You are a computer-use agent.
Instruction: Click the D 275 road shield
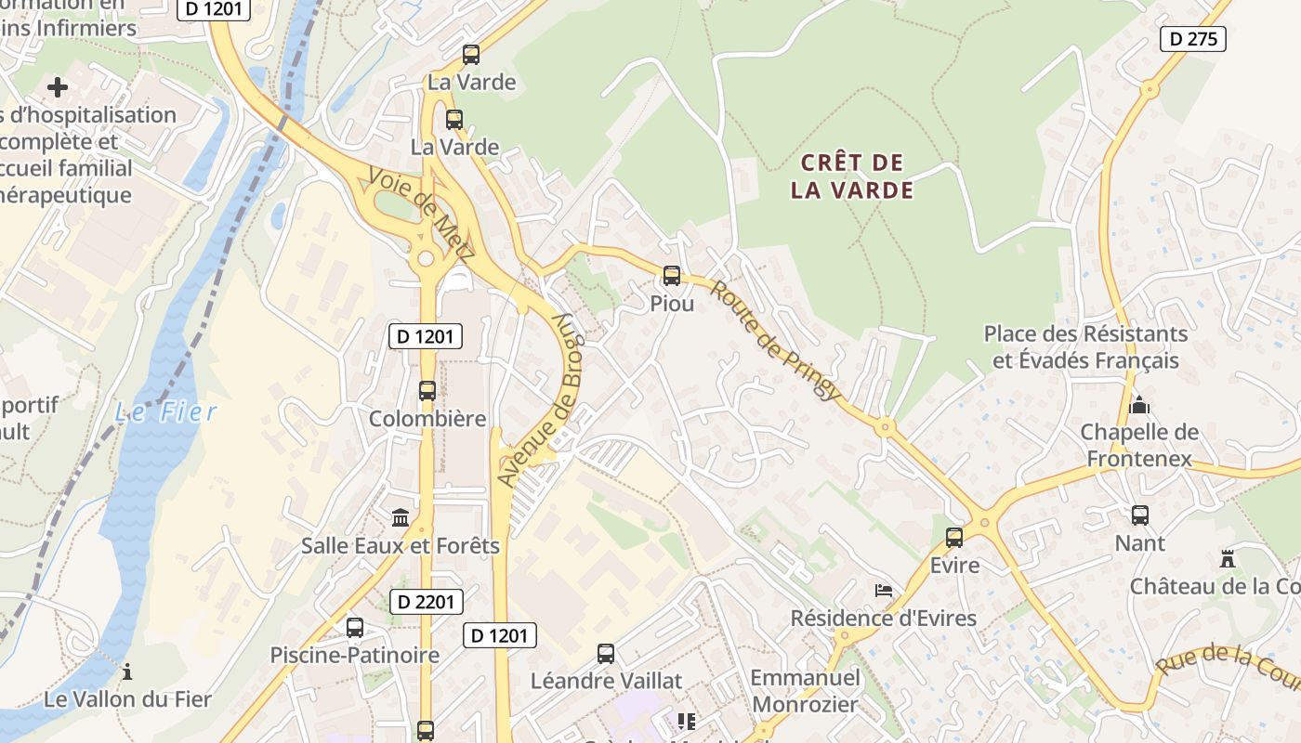pos(1193,39)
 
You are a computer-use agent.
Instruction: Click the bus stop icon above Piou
pos(672,276)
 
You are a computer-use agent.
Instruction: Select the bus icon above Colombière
pos(427,391)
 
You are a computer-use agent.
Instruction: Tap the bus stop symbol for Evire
pos(954,538)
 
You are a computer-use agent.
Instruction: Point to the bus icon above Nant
pos(1140,515)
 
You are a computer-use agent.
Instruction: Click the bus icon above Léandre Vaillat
pos(606,654)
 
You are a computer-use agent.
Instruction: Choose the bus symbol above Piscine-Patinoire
pos(355,628)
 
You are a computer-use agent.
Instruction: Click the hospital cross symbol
pos(58,87)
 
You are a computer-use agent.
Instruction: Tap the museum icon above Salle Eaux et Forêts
pos(401,517)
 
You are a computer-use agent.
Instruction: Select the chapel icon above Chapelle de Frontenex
pos(1139,405)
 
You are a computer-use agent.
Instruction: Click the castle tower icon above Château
pos(1228,559)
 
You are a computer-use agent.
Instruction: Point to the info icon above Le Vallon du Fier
pos(127,671)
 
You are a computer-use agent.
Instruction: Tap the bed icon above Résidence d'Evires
pos(883,591)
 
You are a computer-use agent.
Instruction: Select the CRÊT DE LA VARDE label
pos(852,176)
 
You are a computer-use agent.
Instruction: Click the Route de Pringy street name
pos(775,340)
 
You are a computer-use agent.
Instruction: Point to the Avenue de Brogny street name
pos(538,399)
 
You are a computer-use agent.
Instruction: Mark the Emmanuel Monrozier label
pos(805,691)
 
